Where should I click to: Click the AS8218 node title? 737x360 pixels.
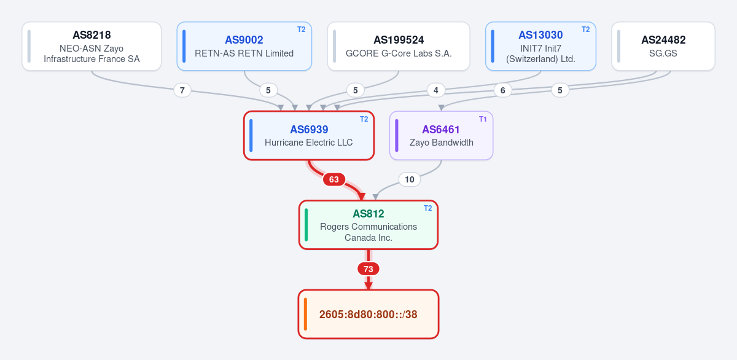[92, 35]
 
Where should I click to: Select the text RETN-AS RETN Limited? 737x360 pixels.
[244, 53]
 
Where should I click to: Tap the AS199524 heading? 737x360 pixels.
[399, 40]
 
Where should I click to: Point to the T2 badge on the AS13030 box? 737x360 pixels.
[586, 29]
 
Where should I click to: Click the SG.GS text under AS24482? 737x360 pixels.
[663, 53]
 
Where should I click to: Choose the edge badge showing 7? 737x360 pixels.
[182, 90]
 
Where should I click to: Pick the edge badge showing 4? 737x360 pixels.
[436, 90]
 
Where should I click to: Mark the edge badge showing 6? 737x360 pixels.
[503, 90]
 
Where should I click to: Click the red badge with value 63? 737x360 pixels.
[334, 179]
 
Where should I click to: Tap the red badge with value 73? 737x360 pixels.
[368, 269]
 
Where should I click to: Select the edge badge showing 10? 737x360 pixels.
[409, 179]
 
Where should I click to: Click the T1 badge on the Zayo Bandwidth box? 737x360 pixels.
[483, 119]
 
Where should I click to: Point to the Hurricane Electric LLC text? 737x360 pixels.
[308, 143]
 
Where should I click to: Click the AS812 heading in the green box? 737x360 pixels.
[368, 214]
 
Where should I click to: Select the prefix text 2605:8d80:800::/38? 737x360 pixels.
[368, 315]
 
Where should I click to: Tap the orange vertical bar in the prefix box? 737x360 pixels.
[305, 314]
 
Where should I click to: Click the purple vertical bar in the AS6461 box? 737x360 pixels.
[397, 136]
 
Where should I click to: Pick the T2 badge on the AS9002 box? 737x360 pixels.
[302, 29]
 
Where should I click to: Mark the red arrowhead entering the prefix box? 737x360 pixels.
[368, 286]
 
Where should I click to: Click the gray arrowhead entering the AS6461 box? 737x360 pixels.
[442, 108]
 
